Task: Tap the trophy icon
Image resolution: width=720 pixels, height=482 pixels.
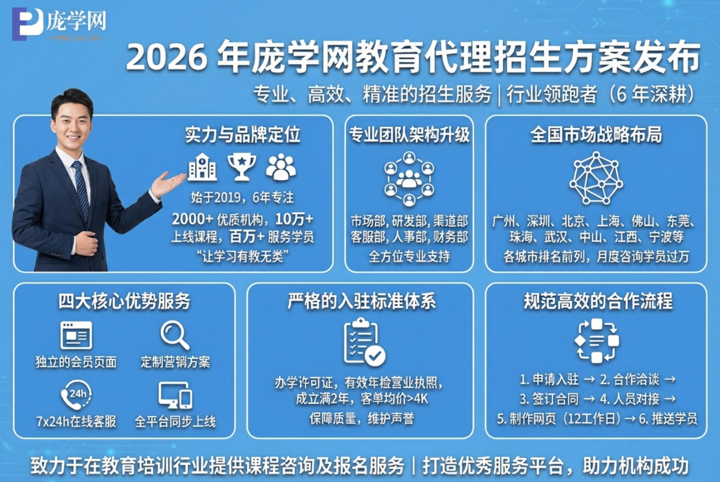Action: tap(242, 167)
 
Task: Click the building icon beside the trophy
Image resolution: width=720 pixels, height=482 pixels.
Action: tap(202, 167)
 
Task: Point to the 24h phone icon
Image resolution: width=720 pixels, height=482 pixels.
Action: tap(76, 395)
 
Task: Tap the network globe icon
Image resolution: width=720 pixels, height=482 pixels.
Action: tap(596, 178)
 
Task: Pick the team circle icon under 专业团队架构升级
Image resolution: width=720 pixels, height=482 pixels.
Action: tap(409, 179)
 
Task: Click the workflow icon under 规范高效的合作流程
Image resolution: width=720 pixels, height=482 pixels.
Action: tap(597, 341)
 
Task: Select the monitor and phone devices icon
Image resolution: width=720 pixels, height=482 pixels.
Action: tap(175, 395)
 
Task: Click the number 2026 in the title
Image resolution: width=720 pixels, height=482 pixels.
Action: tap(166, 58)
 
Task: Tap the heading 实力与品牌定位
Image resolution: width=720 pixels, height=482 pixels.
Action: tap(242, 135)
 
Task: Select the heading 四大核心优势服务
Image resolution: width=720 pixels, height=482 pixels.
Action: tap(124, 301)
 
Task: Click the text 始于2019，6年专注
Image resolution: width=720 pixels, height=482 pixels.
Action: tap(242, 197)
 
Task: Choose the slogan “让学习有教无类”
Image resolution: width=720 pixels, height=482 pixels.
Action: tap(242, 256)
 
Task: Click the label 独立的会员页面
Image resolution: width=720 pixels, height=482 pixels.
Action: tap(76, 362)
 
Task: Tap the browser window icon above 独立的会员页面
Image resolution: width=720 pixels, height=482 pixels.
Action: tap(76, 335)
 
